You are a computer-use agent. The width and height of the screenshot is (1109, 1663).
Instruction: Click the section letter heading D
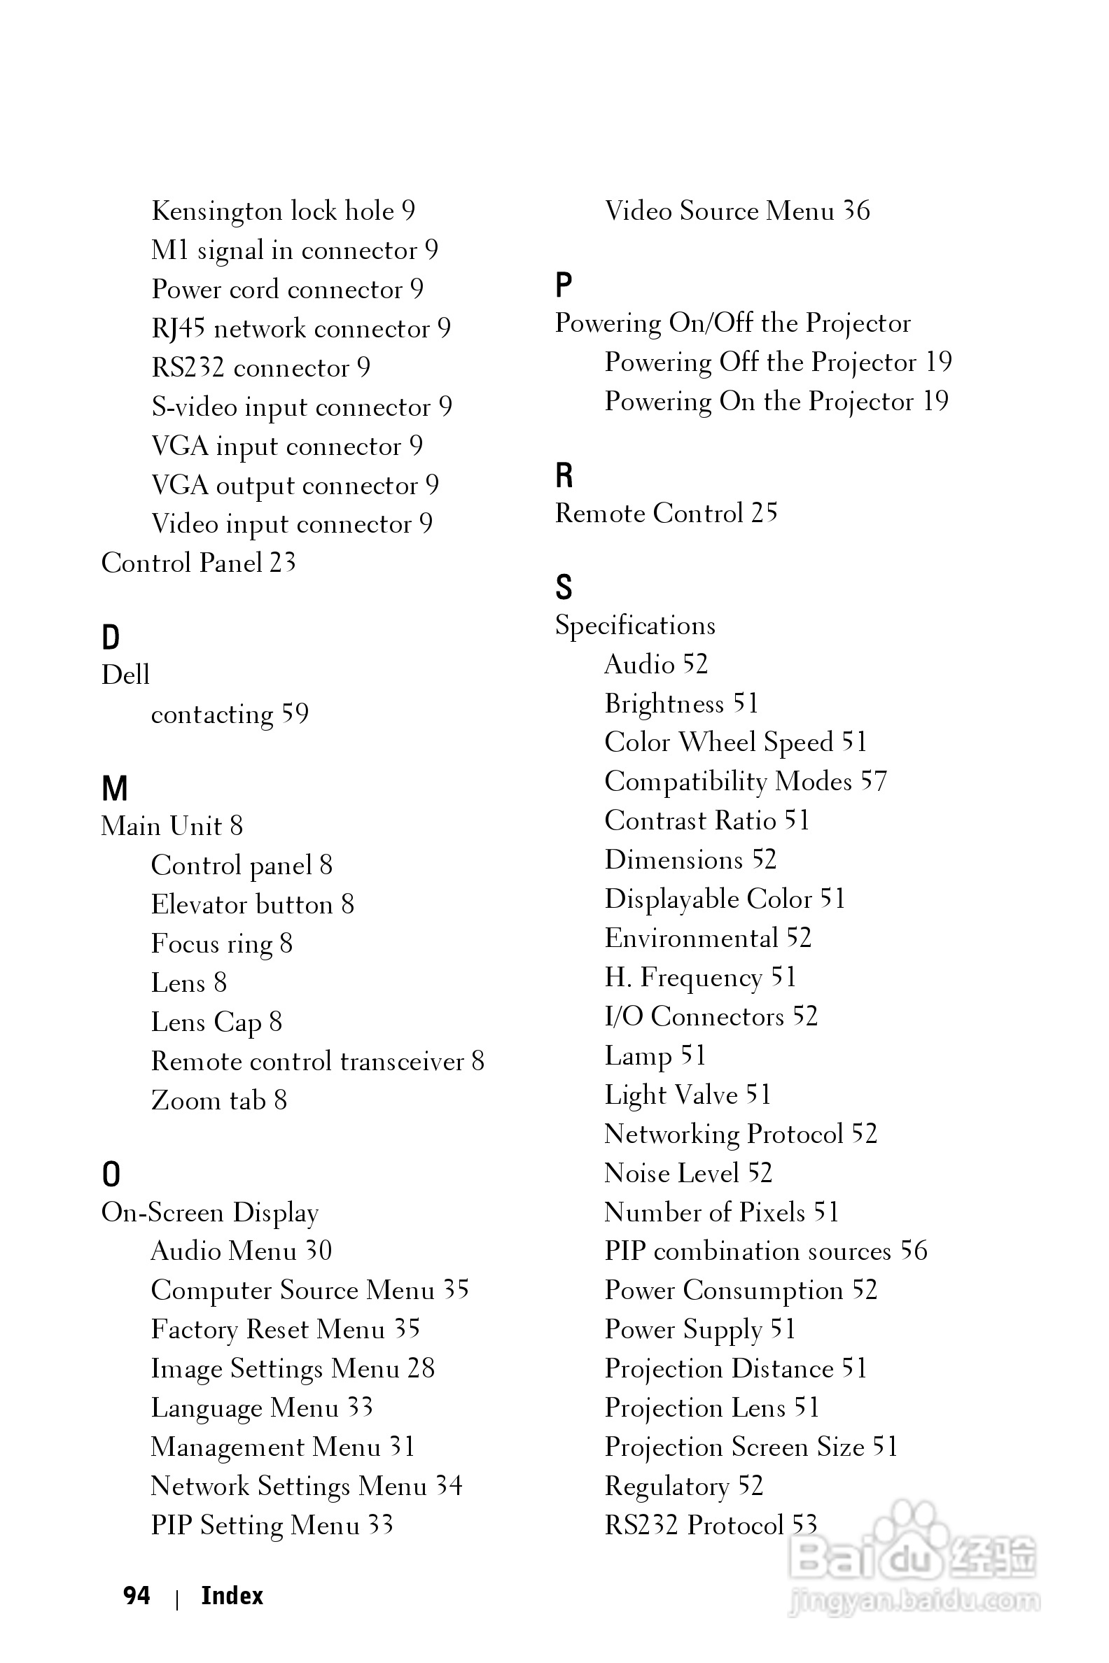coord(111,637)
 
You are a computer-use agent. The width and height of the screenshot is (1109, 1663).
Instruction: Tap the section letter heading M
coord(115,788)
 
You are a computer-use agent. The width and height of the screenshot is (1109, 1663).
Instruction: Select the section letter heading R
coord(564,475)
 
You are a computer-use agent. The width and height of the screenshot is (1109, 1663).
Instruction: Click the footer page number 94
coord(137,1596)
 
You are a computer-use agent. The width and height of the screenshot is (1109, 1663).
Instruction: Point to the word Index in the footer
coord(232,1596)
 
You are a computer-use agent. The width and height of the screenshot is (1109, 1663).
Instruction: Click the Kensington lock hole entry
coord(283,211)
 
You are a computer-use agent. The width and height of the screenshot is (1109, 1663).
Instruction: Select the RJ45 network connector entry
coord(300,329)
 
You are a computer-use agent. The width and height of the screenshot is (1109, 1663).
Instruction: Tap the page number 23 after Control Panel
coord(282,563)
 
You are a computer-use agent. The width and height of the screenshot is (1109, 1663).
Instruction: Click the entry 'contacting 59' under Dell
coord(230,714)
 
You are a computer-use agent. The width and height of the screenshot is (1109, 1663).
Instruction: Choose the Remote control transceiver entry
coord(318,1061)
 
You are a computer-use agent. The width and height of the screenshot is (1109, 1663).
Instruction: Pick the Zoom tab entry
coord(219,1100)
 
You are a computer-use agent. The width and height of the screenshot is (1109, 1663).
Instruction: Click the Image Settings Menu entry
coord(293,1368)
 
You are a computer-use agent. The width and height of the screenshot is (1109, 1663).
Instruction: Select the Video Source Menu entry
coord(737,211)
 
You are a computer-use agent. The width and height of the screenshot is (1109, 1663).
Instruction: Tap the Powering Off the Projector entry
coord(778,362)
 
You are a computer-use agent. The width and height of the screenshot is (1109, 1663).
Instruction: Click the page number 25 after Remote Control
coord(764,512)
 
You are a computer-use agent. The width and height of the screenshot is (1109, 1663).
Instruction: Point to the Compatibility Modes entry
coord(746,781)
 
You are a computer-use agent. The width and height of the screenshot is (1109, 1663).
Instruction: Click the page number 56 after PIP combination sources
coord(913,1251)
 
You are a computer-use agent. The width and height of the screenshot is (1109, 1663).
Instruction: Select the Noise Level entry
coord(688,1173)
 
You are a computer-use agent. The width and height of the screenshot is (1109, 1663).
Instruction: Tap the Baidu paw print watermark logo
coord(912,1531)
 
